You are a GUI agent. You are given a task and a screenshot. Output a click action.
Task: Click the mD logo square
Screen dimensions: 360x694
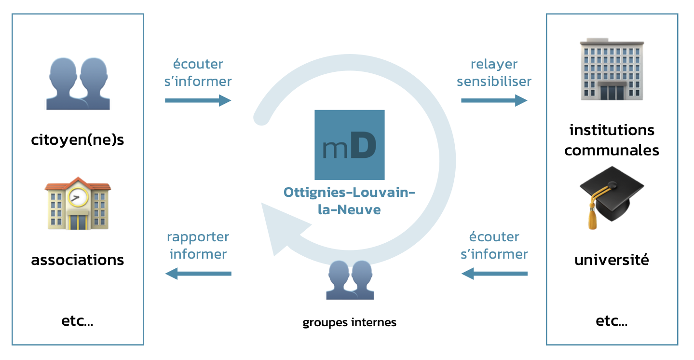pos(349,145)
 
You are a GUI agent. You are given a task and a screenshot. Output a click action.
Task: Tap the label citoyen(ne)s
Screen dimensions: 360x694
pos(78,140)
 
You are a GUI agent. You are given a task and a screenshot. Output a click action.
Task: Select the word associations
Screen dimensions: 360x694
pos(78,260)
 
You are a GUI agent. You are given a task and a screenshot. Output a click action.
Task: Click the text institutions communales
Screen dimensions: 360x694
pos(612,140)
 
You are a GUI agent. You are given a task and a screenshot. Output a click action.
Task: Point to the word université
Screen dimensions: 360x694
pos(612,260)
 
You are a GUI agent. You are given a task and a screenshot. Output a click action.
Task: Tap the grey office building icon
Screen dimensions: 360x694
pos(612,70)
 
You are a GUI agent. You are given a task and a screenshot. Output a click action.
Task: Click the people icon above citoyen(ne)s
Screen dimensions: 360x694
pos(78,83)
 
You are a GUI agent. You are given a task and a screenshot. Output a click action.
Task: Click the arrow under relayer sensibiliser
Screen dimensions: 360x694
pos(494,100)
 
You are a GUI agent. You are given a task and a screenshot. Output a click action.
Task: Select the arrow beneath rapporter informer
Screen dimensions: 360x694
pos(198,274)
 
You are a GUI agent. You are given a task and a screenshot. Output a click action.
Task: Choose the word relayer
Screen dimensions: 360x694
pos(494,64)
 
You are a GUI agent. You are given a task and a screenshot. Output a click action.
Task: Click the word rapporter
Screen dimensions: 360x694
pos(198,237)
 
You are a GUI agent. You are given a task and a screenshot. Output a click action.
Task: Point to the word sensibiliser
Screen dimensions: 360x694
pos(494,81)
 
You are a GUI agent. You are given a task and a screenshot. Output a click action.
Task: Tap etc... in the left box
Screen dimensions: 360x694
pos(78,321)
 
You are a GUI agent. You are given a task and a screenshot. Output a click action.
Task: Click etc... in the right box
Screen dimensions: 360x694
pos(612,321)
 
